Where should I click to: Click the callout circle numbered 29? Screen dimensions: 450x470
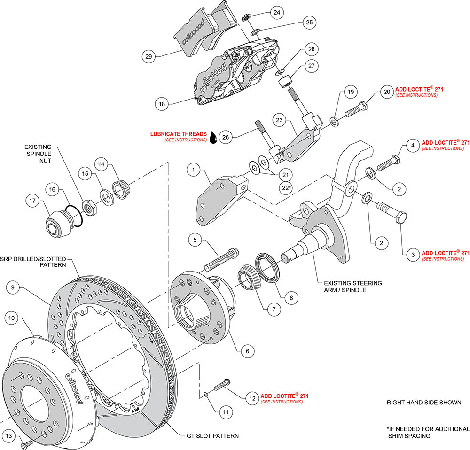point(149,56)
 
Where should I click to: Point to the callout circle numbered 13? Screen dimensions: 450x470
point(8,435)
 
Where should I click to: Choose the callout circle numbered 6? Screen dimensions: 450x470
point(247,350)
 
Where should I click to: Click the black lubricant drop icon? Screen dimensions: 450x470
point(214,137)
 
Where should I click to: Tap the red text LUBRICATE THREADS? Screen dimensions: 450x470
point(178,134)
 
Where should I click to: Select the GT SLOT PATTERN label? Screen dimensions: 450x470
point(210,436)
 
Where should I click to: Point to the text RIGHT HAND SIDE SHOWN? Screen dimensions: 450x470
point(423,403)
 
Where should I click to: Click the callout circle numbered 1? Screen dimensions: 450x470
point(193,170)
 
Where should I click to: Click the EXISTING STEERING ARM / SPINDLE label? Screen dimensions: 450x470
point(352,287)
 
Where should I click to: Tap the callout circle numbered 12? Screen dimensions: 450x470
point(252,398)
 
